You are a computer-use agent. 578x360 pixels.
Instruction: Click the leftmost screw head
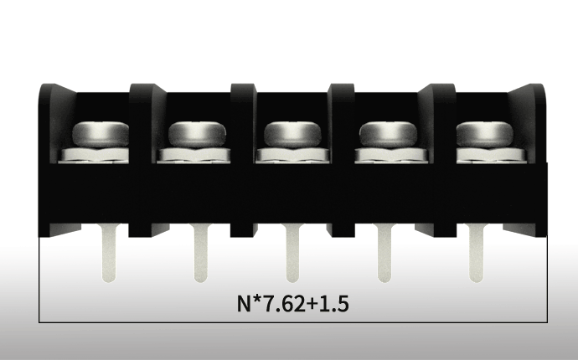[x=101, y=134]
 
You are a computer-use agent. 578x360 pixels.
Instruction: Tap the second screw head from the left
[x=197, y=134]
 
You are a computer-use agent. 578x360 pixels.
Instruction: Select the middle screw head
[x=292, y=134]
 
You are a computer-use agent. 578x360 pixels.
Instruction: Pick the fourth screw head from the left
[x=388, y=134]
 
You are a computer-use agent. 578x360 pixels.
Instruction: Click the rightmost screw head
[x=485, y=134]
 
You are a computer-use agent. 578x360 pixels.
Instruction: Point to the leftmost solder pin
[x=108, y=253]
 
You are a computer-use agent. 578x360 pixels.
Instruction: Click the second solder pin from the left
[x=200, y=253]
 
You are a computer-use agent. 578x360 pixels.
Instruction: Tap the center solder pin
[x=292, y=253]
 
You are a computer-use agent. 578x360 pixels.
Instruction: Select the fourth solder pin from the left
[x=384, y=253]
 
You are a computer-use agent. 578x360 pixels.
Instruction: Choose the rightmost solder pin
[x=477, y=253]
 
